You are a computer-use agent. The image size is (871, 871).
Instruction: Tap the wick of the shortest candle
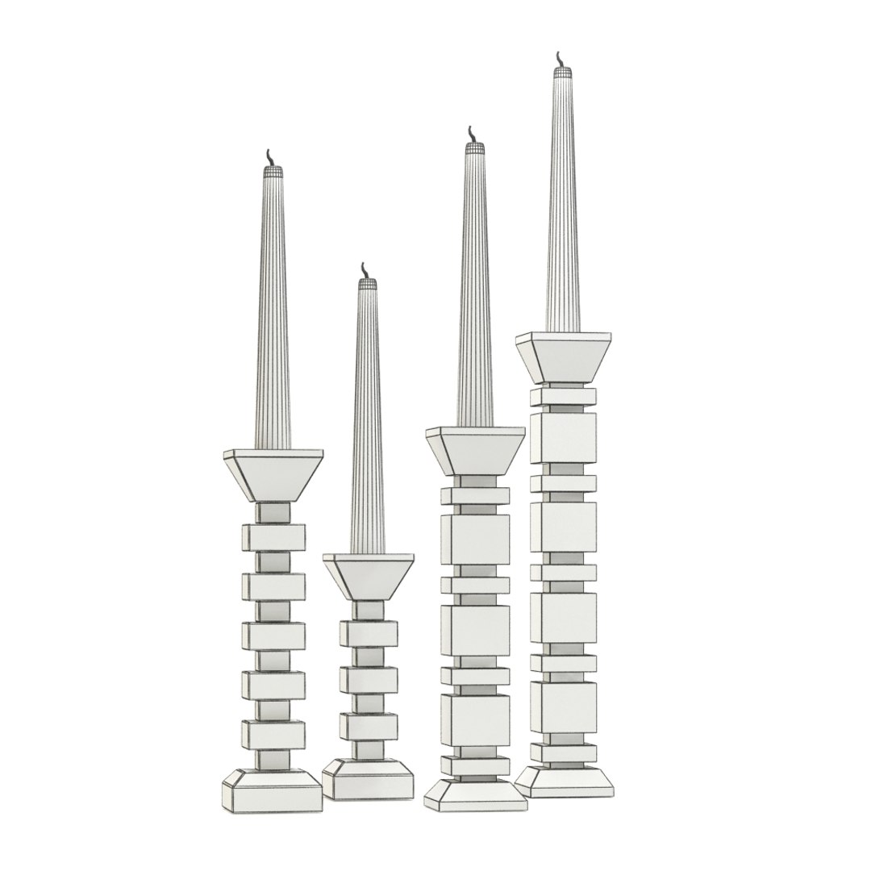[365, 269]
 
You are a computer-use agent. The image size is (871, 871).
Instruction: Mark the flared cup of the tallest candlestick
[562, 355]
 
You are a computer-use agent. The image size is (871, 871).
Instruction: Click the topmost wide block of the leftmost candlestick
[273, 536]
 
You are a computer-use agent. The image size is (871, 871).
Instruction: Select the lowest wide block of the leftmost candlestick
[273, 734]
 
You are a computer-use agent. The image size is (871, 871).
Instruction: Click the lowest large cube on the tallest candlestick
[563, 707]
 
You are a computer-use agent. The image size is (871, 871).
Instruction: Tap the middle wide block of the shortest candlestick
[368, 680]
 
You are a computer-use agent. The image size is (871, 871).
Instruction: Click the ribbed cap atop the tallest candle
[562, 72]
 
